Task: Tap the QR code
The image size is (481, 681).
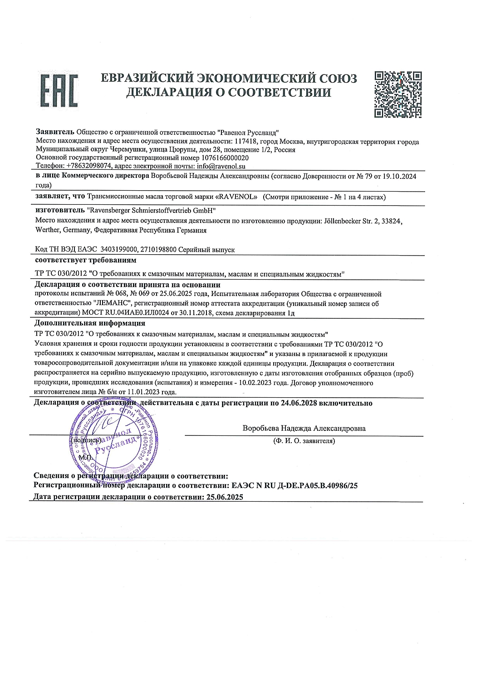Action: pyautogui.click(x=399, y=94)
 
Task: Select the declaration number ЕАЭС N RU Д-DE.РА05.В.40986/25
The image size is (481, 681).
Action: pyautogui.click(x=294, y=485)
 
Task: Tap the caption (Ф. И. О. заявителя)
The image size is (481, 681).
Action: pyautogui.click(x=304, y=441)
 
